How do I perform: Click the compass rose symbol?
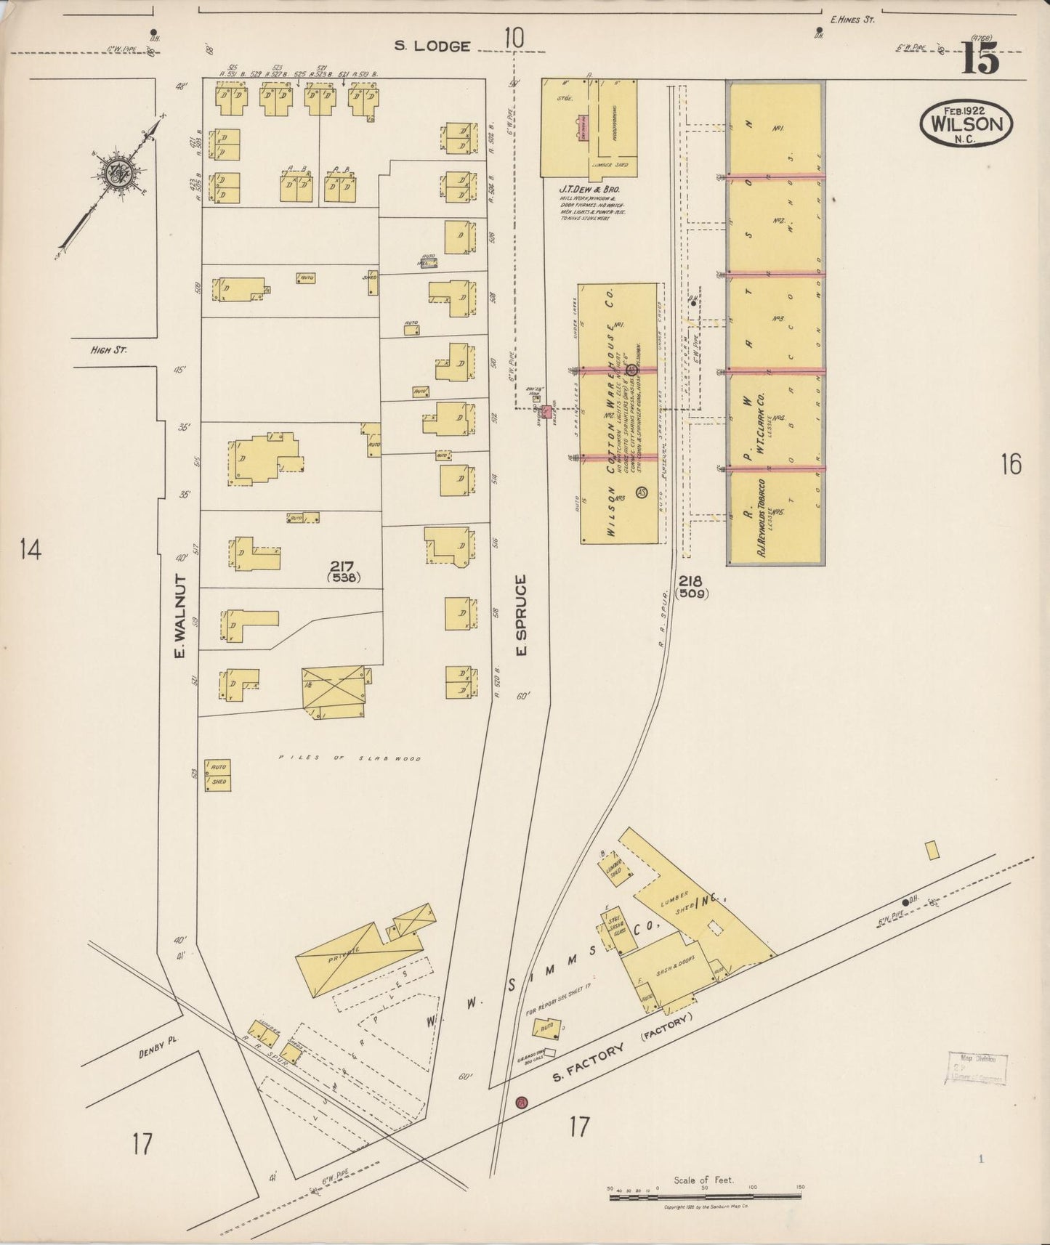116,172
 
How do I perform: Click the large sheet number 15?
981,57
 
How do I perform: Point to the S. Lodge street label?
432,46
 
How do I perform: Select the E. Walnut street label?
180,617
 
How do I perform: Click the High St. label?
108,350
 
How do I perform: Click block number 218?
691,581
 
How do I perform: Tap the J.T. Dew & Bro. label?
589,189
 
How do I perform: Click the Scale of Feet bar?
704,1190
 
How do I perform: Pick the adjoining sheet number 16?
1010,463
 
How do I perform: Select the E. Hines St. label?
853,20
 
